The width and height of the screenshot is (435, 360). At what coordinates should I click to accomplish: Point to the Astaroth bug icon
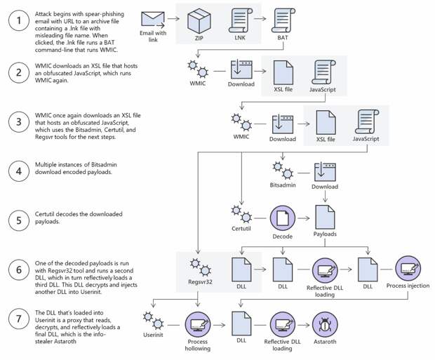[x=326, y=324]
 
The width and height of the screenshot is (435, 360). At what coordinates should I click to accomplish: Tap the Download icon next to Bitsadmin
[x=324, y=170]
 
